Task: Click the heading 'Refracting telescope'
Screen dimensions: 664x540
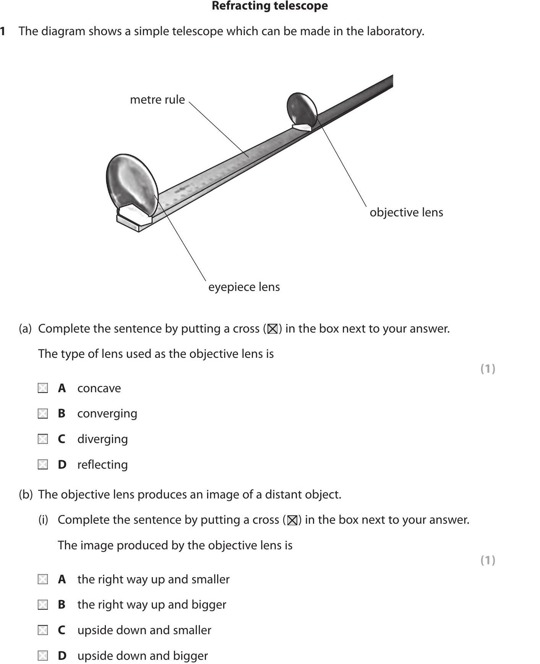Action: (269, 6)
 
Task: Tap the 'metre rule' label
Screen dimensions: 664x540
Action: (157, 100)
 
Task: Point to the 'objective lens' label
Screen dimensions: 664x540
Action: (406, 213)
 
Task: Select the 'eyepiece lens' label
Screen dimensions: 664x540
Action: (244, 287)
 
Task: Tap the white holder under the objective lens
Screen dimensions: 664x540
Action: (302, 127)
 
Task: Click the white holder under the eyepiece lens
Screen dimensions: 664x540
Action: (132, 218)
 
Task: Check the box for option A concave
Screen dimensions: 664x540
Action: (43, 388)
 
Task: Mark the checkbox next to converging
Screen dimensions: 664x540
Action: (43, 414)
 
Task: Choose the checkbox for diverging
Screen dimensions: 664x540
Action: (43, 439)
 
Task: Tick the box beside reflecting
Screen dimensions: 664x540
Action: (43, 465)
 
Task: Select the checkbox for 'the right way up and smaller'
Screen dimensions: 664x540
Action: (43, 580)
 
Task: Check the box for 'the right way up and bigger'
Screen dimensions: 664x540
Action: (43, 605)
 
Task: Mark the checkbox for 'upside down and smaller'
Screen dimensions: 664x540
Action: (43, 630)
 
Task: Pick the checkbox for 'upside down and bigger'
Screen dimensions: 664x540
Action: (43, 656)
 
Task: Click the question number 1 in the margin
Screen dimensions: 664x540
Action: (3, 31)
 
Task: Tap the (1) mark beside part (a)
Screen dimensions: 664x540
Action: (488, 369)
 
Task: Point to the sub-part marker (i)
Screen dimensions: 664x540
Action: (43, 520)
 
